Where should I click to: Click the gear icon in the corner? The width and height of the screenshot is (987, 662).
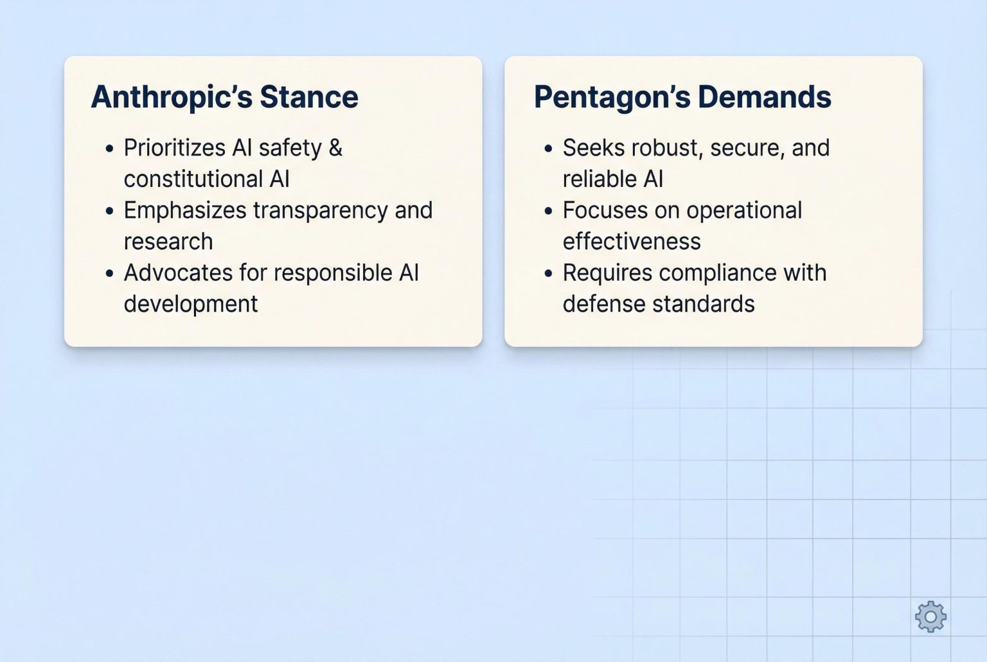[x=930, y=617]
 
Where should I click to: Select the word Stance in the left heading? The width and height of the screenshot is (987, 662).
[x=309, y=98]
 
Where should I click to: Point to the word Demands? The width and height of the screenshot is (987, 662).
[x=765, y=98]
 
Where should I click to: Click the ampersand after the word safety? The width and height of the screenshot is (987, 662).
[x=335, y=148]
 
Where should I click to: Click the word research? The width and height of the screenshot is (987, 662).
[x=168, y=242]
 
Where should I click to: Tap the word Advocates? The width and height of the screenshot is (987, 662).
[x=177, y=273]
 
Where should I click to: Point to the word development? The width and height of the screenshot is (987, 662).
[x=191, y=304]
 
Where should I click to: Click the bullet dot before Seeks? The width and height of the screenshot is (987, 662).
[x=548, y=149]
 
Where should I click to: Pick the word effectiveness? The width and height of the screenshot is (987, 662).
[x=632, y=242]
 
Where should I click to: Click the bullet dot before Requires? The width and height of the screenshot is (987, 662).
[x=548, y=274]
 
